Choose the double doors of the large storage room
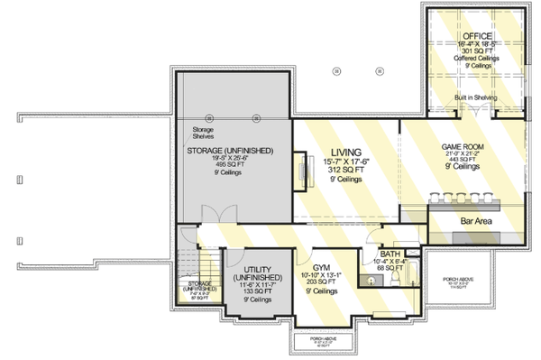pos(214,214)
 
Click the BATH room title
pos(390,254)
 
